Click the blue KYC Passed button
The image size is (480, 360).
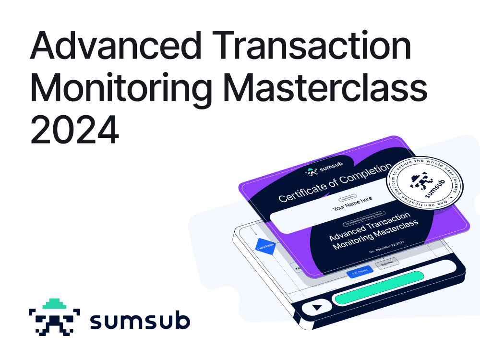tap(360, 272)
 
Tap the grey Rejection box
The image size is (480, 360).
tap(387, 264)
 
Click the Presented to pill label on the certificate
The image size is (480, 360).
tap(349, 197)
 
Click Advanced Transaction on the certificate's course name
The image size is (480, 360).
tap(370, 226)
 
